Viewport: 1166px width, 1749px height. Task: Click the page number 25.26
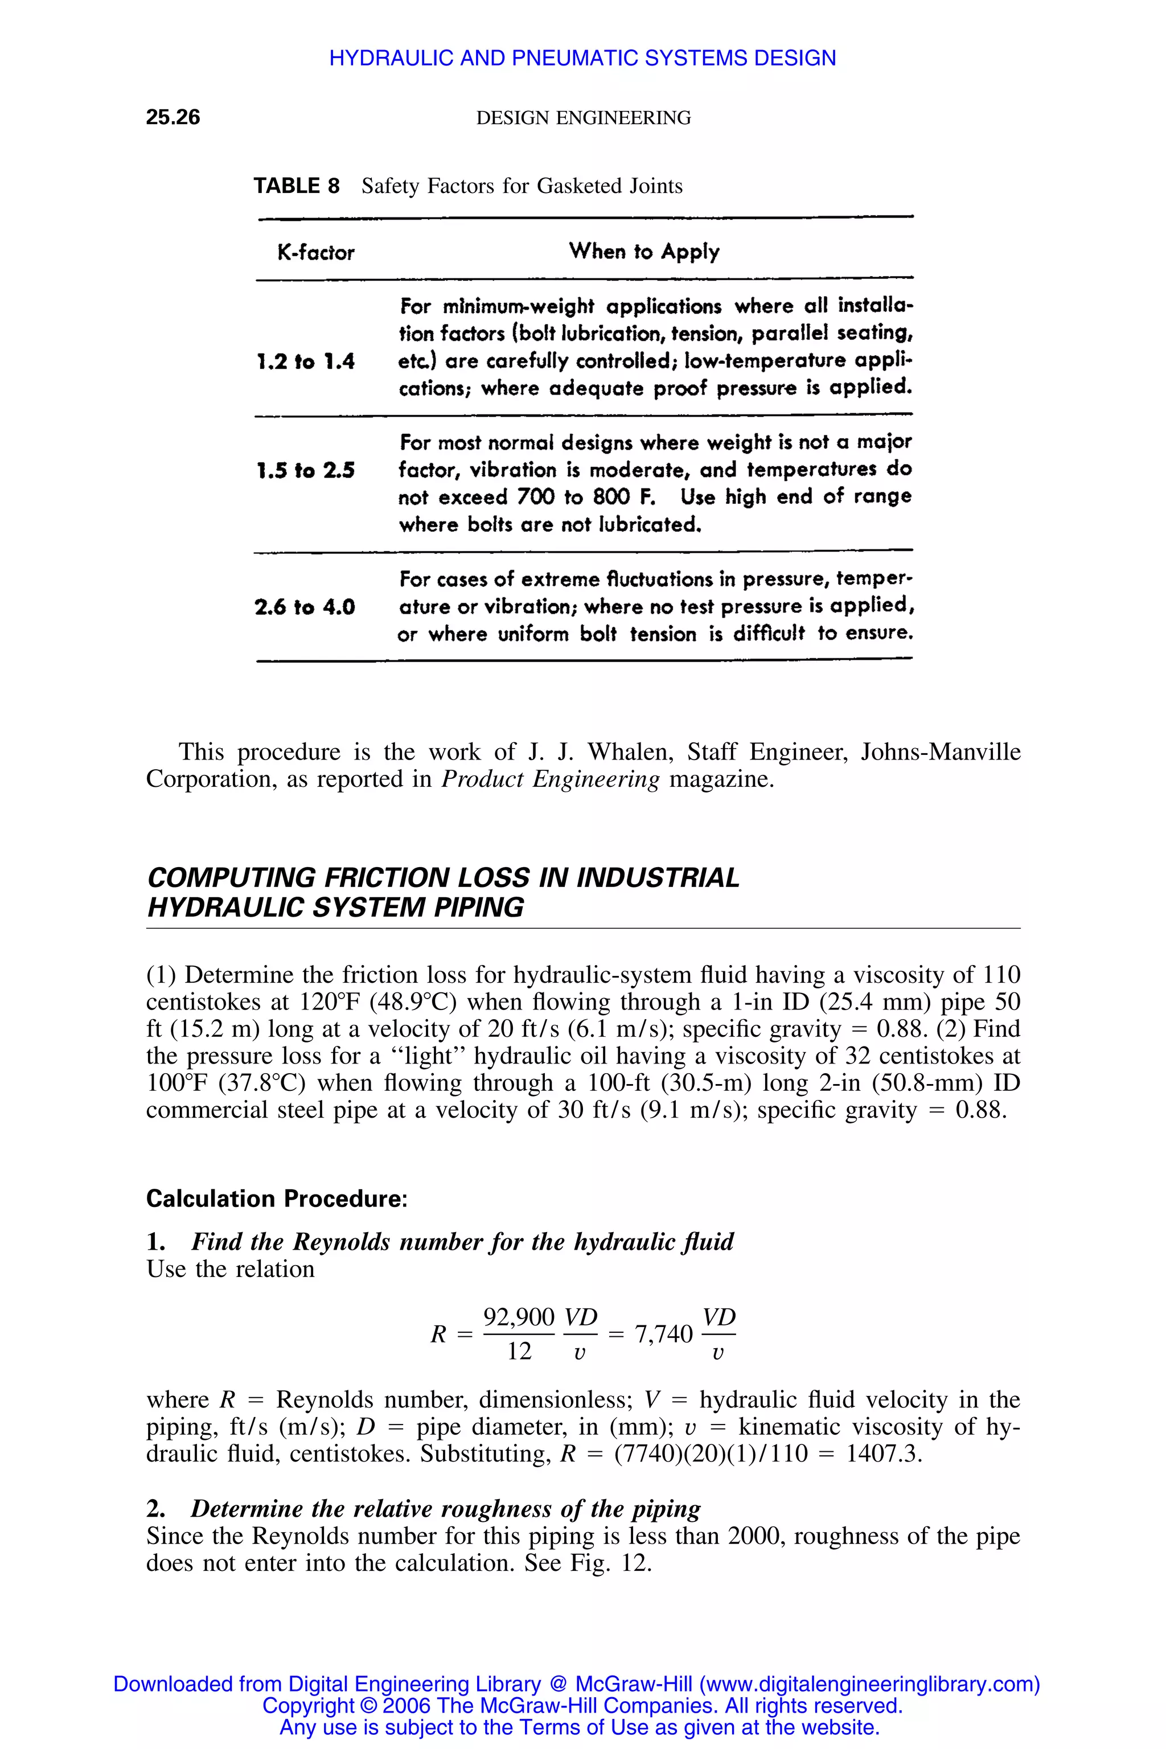(173, 117)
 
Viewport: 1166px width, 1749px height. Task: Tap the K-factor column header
(315, 253)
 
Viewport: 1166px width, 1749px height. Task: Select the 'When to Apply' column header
(644, 251)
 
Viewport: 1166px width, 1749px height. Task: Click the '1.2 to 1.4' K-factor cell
(305, 362)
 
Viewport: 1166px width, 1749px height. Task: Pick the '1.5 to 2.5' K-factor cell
(305, 471)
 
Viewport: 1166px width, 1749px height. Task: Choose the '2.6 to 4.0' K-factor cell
(305, 607)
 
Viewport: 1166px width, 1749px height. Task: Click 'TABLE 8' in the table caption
(296, 186)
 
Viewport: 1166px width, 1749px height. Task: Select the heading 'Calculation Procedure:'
(277, 1198)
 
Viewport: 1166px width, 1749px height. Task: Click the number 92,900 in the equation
(518, 1317)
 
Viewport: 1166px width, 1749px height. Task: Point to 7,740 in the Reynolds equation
(663, 1334)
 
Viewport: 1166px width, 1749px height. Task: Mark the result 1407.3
(884, 1454)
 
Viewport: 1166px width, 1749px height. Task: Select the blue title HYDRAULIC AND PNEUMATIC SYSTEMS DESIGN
(582, 58)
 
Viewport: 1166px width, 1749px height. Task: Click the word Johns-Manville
(940, 752)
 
